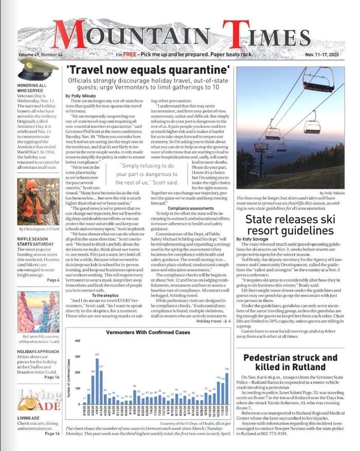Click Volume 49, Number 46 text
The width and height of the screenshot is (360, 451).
coord(41,55)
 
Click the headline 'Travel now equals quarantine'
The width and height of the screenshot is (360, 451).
coord(149,69)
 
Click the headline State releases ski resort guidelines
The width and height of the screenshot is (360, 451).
coord(290,224)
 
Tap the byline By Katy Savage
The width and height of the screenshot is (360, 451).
coord(253,239)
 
